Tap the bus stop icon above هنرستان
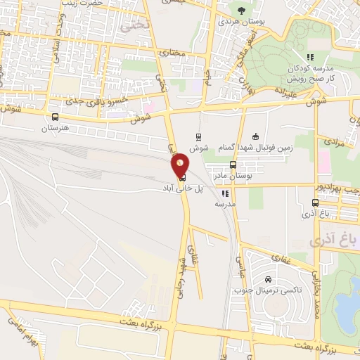[x=56, y=117]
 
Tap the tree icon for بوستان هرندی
[x=243, y=11]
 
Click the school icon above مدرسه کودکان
[x=308, y=57]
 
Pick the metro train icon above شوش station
[x=199, y=136]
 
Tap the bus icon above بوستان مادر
[x=233, y=165]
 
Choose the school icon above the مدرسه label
[x=225, y=193]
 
